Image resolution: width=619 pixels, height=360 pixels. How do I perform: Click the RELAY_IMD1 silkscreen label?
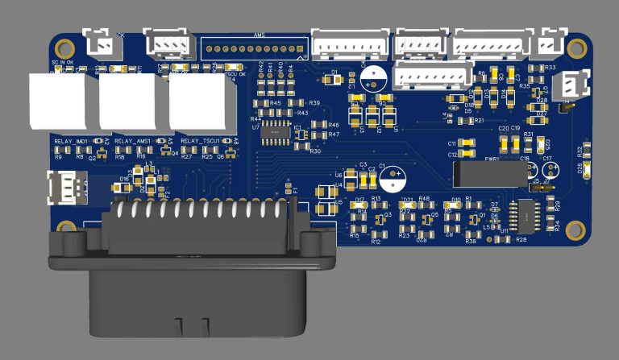pyautogui.click(x=71, y=142)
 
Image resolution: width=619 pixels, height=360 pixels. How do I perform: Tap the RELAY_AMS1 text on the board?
pyautogui.click(x=133, y=142)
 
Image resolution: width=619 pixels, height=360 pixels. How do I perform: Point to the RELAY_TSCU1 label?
pyautogui.click(x=200, y=142)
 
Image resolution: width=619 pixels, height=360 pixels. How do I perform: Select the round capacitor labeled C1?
pyautogui.click(x=372, y=77)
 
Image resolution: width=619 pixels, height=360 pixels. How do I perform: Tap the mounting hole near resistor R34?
pyautogui.click(x=575, y=230)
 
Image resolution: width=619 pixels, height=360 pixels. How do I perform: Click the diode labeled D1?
pyautogui.click(x=334, y=80)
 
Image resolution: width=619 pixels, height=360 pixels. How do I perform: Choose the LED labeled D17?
pyautogui.click(x=359, y=205)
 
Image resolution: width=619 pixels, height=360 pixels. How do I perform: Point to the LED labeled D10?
pyautogui.click(x=456, y=205)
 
